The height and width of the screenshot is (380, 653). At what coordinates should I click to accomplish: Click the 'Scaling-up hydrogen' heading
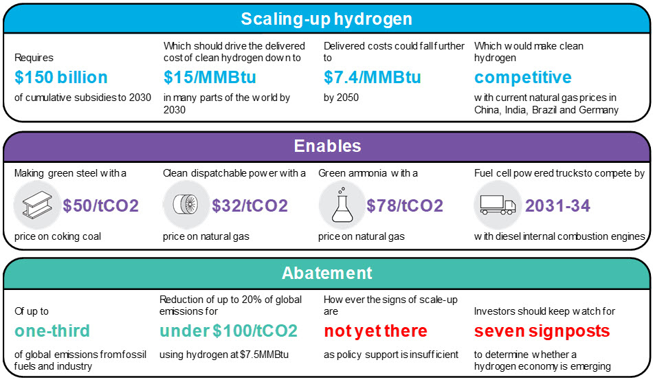pos(326,19)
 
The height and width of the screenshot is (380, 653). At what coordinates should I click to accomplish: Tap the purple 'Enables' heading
pos(327,146)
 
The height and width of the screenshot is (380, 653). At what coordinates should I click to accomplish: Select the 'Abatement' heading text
pos(327,273)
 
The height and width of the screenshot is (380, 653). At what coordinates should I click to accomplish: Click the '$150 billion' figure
pos(60,78)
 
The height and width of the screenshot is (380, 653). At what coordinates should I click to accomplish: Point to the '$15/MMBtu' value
pos(210,78)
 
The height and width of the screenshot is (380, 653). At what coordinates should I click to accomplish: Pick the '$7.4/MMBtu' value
pos(372,78)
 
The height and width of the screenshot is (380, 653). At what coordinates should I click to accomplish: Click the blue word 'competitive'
pos(522,78)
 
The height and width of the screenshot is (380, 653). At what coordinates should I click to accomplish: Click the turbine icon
pos(186,205)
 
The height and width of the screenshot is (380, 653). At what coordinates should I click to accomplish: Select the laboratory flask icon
pos(342,204)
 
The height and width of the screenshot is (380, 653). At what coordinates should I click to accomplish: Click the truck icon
pos(498,205)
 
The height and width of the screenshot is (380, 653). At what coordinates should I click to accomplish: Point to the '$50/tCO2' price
pos(100,205)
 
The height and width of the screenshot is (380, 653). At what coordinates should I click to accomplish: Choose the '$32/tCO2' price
pos(250,205)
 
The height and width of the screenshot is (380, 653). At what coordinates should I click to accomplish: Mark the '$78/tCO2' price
pos(404,205)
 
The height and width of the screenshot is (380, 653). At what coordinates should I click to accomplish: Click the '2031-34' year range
pos(557,205)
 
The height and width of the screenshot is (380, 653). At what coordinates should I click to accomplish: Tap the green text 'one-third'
pos(52,331)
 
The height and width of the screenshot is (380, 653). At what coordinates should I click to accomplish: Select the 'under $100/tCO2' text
pos(228,331)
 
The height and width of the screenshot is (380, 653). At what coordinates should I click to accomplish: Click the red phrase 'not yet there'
pos(375,331)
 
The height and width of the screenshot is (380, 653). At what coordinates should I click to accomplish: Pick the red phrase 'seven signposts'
pos(542,331)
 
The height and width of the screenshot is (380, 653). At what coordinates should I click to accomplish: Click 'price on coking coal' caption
pos(58,236)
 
